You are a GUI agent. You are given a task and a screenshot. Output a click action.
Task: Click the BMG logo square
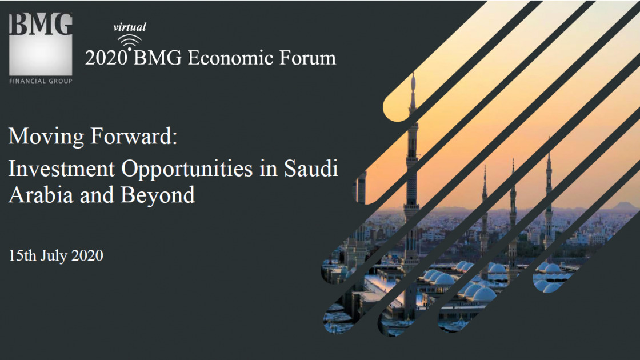[x=41, y=44]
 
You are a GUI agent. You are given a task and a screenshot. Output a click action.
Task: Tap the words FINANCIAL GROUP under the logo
[x=41, y=81]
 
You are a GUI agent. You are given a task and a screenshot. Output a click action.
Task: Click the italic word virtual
[x=129, y=27]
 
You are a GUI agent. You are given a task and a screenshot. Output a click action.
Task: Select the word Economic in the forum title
[x=230, y=58]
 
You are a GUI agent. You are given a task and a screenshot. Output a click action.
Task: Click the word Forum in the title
[x=307, y=58]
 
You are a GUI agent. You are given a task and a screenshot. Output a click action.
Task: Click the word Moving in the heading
[x=46, y=137]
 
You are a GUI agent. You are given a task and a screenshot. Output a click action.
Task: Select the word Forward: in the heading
[x=134, y=136]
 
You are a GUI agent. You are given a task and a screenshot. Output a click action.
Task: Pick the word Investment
[x=62, y=169]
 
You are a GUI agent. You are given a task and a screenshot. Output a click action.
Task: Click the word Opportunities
[x=187, y=169]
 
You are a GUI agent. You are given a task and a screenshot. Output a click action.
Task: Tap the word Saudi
[x=311, y=169]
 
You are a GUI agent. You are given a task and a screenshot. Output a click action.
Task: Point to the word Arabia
[x=41, y=195]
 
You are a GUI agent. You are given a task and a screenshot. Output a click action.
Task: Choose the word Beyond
[x=158, y=195]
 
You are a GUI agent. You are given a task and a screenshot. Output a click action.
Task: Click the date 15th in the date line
[x=22, y=255]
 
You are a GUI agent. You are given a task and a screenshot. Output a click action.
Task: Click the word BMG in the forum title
[x=158, y=58]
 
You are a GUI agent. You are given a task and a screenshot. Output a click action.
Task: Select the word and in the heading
[x=97, y=195]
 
